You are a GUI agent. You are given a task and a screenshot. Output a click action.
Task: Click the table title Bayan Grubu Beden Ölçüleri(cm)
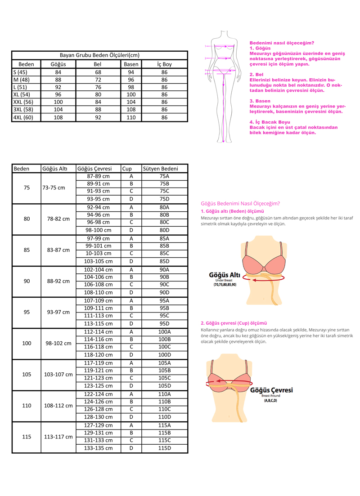coord(99,55)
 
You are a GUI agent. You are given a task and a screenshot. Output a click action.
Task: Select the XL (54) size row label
coord(22,94)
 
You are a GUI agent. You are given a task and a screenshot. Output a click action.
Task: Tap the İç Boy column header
coord(164,64)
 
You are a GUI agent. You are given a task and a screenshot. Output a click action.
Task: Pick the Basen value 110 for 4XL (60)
coord(131,117)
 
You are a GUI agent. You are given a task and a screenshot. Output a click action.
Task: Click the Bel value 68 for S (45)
coord(98,72)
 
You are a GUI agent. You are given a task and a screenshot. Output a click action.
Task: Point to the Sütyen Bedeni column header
coord(160,169)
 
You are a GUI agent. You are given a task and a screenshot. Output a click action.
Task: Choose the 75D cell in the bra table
coord(164,199)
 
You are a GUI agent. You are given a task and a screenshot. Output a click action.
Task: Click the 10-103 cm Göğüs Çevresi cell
coord(98,253)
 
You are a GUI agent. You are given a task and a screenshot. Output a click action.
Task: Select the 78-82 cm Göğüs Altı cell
coord(58,219)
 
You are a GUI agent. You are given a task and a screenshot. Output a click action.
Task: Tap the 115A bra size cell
coord(164,425)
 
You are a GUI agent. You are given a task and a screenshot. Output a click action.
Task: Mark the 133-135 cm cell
coord(98,448)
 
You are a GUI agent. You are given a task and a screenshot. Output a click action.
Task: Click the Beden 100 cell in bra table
coord(27,343)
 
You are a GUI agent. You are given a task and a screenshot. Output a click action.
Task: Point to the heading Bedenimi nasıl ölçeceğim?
coord(282,43)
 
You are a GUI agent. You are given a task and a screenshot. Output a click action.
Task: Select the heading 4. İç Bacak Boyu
coord(270,122)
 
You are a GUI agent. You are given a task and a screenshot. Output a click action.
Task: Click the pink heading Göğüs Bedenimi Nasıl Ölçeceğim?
coord(240,203)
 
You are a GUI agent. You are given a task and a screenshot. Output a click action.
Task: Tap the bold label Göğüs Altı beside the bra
coord(225,274)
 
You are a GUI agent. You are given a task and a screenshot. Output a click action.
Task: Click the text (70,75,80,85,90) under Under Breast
coord(225,285)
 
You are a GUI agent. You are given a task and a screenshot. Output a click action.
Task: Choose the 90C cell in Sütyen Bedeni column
coord(164,285)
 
